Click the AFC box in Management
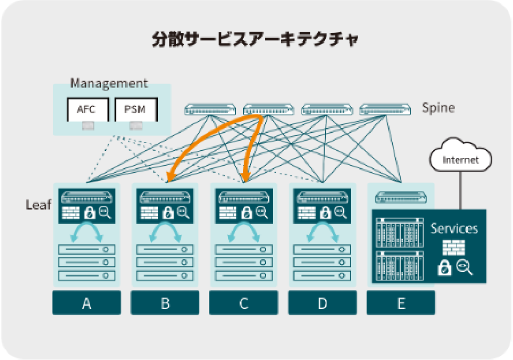pyautogui.click(x=86, y=110)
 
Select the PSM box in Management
pyautogui.click(x=136, y=110)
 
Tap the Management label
pyautogui.click(x=109, y=83)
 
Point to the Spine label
pyautogui.click(x=438, y=108)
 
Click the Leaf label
pyautogui.click(x=38, y=205)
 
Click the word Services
pyautogui.click(x=454, y=228)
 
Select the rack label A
pyautogui.click(x=86, y=303)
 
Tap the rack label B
pyautogui.click(x=165, y=303)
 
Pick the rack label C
pyautogui.click(x=244, y=303)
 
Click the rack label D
pyautogui.click(x=322, y=303)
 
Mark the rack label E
pyautogui.click(x=400, y=303)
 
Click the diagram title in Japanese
pyautogui.click(x=256, y=40)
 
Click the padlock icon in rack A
pyautogui.click(x=89, y=213)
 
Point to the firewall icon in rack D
pyautogui.click(x=307, y=213)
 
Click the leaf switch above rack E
pyautogui.click(x=400, y=197)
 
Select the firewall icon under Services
pyautogui.click(x=454, y=247)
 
